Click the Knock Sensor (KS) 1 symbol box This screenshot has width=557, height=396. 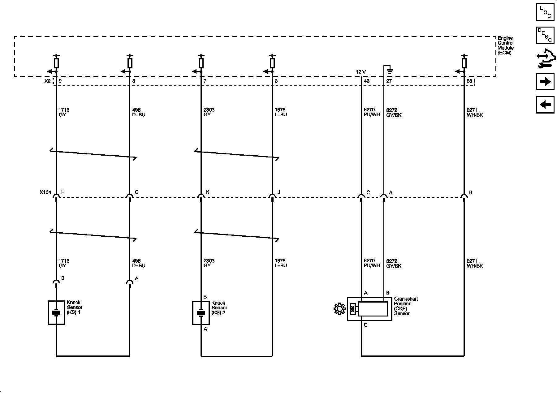click(56, 312)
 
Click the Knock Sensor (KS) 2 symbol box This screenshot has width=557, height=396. click(201, 313)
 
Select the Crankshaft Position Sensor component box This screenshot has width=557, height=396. click(369, 309)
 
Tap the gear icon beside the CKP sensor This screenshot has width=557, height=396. click(339, 309)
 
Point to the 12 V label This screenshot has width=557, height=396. click(361, 72)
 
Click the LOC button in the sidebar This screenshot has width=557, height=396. click(545, 12)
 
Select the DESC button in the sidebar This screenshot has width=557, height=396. click(545, 35)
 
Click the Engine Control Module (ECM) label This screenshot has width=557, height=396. click(506, 45)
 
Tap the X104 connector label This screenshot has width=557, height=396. click(45, 192)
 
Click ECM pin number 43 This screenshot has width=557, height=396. click(367, 81)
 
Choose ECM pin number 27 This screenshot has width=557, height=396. click(389, 81)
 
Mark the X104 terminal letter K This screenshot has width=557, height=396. click(208, 192)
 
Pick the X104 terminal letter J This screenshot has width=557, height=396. click(279, 192)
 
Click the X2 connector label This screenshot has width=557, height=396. click(47, 81)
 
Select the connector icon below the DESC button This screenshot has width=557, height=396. click(545, 59)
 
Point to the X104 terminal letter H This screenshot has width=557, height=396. click(63, 192)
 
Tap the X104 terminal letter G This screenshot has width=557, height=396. click(136, 192)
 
